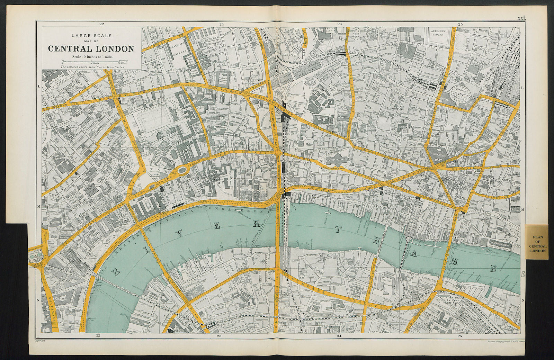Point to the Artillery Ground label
point(440,33)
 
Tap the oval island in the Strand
point(182,170)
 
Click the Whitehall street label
point(49,305)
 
